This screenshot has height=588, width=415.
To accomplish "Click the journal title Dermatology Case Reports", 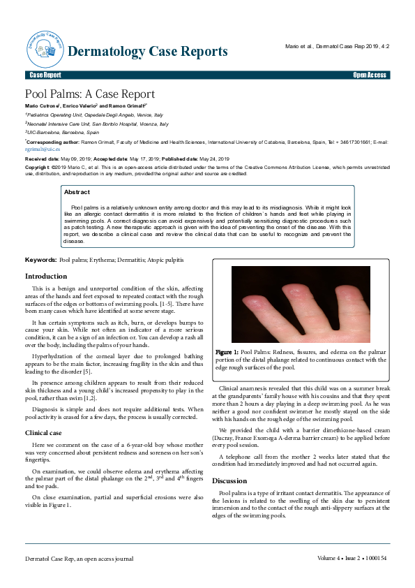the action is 148,52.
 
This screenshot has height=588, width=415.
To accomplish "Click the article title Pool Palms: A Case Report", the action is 90,94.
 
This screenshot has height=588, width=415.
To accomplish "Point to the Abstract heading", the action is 77,191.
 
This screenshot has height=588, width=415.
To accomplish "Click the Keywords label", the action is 40,259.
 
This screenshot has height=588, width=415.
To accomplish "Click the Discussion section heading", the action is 229,481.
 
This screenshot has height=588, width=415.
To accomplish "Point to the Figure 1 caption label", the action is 227,351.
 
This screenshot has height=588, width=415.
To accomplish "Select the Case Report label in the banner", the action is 45,75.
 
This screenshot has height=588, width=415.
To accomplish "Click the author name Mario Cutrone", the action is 41,105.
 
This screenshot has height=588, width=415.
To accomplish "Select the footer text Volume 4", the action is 329,558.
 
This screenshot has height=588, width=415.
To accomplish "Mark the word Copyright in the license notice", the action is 38,168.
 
